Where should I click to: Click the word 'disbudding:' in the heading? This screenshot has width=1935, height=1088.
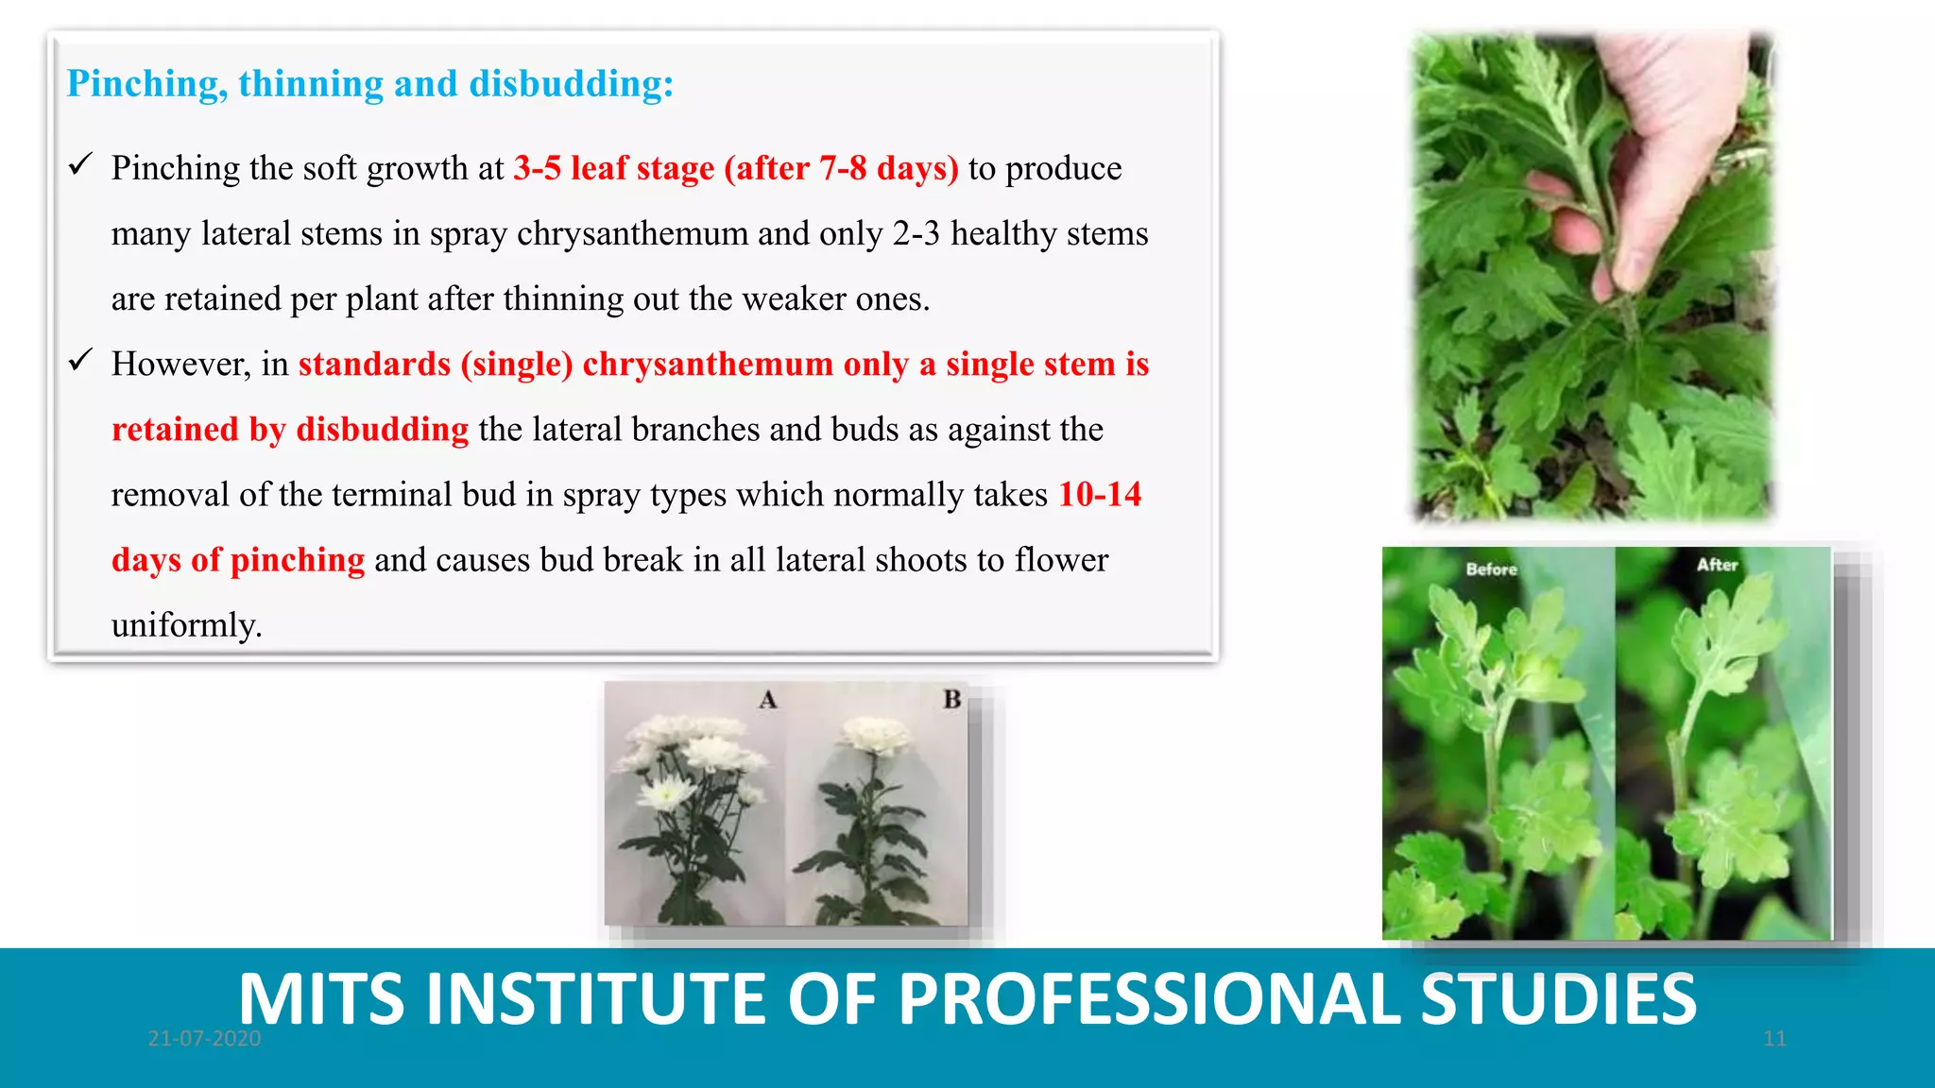tap(571, 83)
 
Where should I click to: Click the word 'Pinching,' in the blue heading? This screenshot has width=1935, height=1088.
tap(146, 85)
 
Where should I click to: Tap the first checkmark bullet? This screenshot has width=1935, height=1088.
tap(80, 165)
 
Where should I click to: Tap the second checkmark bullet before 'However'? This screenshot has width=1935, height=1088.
tap(80, 361)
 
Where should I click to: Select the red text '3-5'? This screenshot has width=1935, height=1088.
tap(537, 168)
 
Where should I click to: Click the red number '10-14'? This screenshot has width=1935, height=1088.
tap(1099, 494)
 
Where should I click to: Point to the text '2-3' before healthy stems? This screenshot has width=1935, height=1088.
tap(916, 233)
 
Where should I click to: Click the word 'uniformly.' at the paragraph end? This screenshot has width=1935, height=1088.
tap(186, 625)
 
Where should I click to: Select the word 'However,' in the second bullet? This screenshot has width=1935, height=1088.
tap(180, 364)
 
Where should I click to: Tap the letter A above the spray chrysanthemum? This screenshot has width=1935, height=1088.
tap(768, 700)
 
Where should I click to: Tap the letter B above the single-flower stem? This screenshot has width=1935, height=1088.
tap(951, 699)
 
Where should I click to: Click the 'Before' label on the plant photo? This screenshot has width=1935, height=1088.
tap(1491, 569)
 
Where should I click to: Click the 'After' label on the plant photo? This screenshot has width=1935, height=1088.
tap(1717, 565)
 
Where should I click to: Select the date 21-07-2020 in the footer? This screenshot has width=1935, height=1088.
tap(204, 1039)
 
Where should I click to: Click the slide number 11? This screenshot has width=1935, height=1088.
tap(1774, 1039)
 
